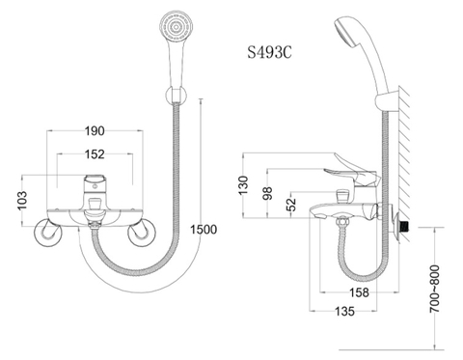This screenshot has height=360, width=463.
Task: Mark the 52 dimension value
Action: tap(291, 204)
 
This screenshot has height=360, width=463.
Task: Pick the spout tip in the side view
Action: tap(318, 221)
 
